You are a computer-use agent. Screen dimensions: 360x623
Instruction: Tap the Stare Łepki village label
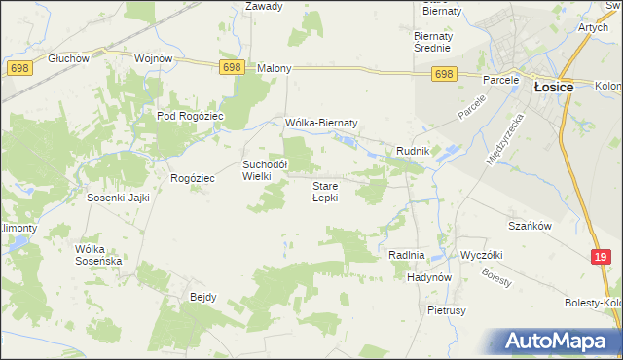pyautogui.click(x=325, y=191)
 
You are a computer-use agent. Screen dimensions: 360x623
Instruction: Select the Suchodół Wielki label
pyautogui.click(x=264, y=170)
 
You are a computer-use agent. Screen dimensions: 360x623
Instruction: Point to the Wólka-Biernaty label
pyautogui.click(x=322, y=123)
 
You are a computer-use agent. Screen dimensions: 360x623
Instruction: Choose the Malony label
pyautogui.click(x=274, y=69)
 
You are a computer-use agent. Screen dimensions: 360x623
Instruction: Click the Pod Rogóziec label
pyautogui.click(x=191, y=116)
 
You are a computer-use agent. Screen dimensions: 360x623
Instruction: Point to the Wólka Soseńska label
pyautogui.click(x=97, y=255)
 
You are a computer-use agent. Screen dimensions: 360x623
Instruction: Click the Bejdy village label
pyautogui.click(x=202, y=297)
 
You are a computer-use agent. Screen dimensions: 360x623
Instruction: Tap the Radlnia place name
pyautogui.click(x=406, y=255)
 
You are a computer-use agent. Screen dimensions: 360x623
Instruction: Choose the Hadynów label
pyautogui.click(x=429, y=277)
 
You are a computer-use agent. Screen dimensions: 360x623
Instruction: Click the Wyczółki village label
pyautogui.click(x=481, y=255)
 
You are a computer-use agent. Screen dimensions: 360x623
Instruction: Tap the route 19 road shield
pyautogui.click(x=601, y=257)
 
